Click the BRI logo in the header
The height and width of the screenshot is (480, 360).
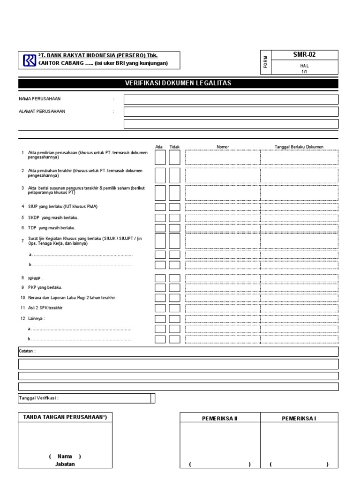coord(29,60)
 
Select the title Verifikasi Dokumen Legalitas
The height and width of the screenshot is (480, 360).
coord(178,83)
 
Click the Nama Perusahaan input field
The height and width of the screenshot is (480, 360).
coord(231,99)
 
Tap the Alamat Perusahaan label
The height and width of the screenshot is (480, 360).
coord(42,112)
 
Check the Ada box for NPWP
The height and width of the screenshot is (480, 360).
coord(160,278)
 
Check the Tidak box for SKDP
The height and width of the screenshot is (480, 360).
coord(174,217)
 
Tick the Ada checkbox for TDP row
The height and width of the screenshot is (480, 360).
coord(160,228)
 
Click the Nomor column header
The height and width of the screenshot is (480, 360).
coord(223,147)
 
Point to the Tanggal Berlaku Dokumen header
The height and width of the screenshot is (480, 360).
coord(299,147)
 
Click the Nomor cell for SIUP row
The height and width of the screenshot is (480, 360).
coord(223,207)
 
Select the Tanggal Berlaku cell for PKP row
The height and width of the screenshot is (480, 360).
coord(299,288)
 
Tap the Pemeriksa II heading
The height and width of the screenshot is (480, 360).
coord(220,418)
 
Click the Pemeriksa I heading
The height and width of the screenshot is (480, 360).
coord(299,418)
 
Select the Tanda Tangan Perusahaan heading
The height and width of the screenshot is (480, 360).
coord(65,417)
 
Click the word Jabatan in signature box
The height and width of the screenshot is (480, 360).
coord(65,464)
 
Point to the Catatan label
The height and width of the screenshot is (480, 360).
coord(27,351)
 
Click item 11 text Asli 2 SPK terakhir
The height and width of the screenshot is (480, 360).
coord(45,308)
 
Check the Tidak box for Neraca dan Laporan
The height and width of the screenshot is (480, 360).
coord(174,298)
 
